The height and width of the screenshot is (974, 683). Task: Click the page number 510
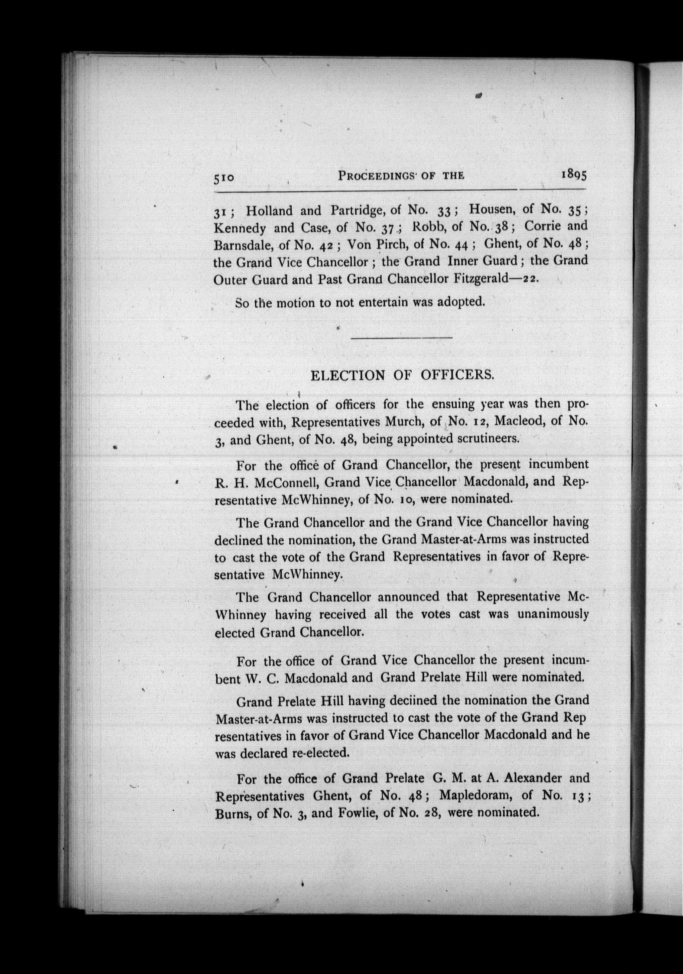[x=224, y=178]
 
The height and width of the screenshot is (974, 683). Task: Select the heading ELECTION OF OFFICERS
[x=402, y=375]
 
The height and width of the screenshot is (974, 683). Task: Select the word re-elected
[x=321, y=753]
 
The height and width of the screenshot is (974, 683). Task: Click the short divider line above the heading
[x=401, y=338]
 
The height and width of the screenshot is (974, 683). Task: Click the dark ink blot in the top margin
[x=479, y=95]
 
